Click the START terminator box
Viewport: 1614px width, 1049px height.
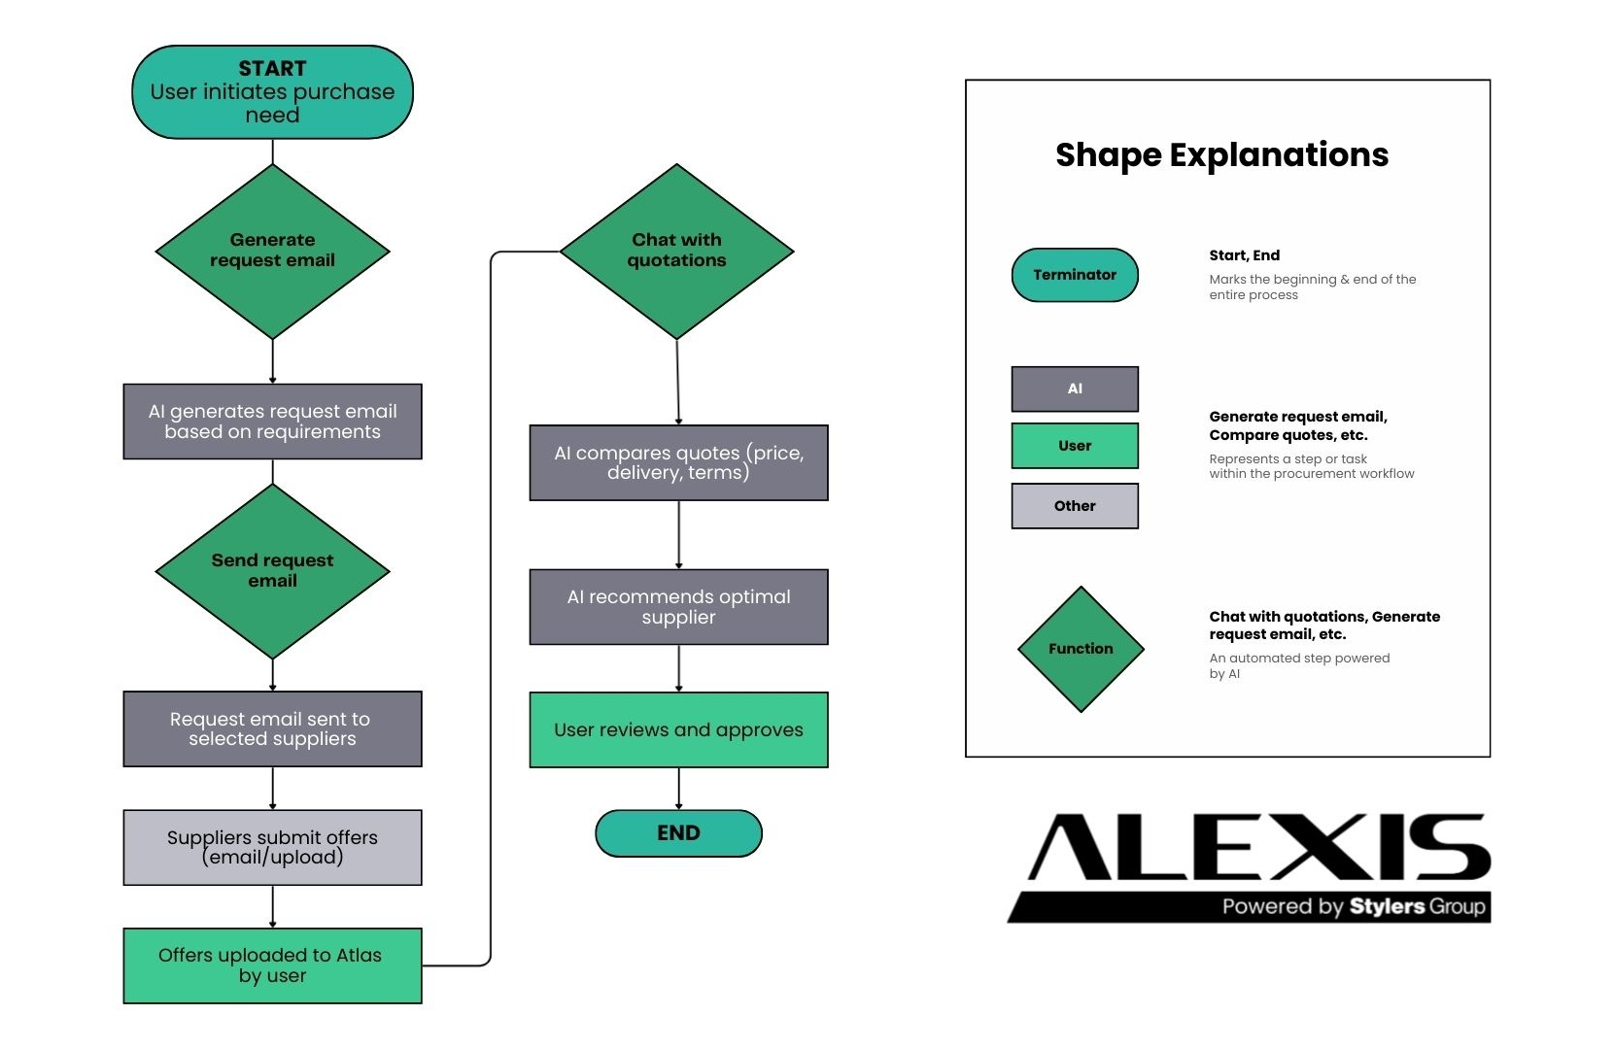pyautogui.click(x=272, y=92)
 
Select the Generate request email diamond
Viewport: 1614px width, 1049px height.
pyautogui.click(x=272, y=251)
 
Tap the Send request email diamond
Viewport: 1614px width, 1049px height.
pyautogui.click(x=272, y=571)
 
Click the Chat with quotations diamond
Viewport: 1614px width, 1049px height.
pyautogui.click(x=676, y=251)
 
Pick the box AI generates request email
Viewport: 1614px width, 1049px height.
pyautogui.click(x=272, y=422)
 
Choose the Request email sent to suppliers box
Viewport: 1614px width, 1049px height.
pyautogui.click(x=272, y=728)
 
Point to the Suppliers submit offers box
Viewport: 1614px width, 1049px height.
pyautogui.click(x=272, y=847)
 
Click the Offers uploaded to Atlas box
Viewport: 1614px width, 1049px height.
pyautogui.click(x=272, y=965)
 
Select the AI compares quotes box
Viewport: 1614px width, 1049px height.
pyautogui.click(x=678, y=462)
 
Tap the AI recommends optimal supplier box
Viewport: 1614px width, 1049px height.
pyautogui.click(x=678, y=607)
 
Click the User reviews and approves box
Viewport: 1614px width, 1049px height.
pyautogui.click(x=678, y=729)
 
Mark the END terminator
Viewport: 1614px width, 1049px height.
pyautogui.click(x=678, y=833)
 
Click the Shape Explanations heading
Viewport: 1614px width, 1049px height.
pyautogui.click(x=1221, y=155)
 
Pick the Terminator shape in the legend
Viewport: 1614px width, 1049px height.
pyautogui.click(x=1075, y=275)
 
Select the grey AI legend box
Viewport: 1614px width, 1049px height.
pyautogui.click(x=1075, y=389)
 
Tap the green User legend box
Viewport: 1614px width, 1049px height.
pyautogui.click(x=1075, y=446)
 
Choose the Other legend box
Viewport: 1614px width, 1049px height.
pyautogui.click(x=1075, y=506)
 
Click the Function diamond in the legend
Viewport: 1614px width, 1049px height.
pyautogui.click(x=1081, y=649)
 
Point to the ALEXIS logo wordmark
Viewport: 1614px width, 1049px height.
pyautogui.click(x=1259, y=847)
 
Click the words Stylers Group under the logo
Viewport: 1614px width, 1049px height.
pyautogui.click(x=1417, y=907)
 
